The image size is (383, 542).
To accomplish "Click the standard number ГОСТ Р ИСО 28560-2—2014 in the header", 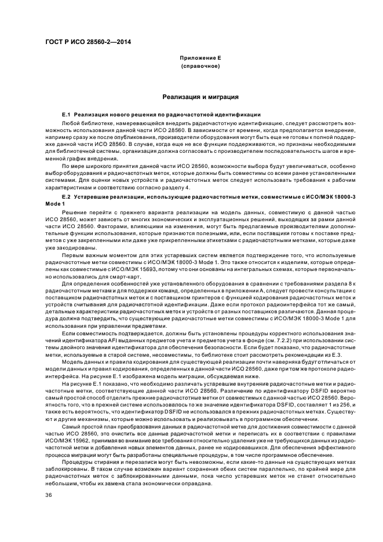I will pos(80,43).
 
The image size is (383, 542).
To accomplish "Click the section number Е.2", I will pos(65,198).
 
